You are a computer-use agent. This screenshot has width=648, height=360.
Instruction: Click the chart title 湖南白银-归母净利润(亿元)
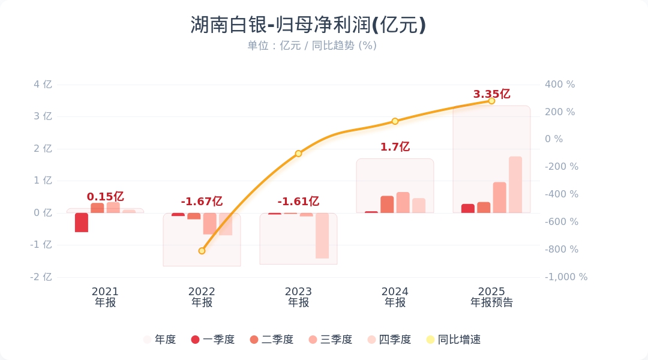pyautogui.click(x=308, y=25)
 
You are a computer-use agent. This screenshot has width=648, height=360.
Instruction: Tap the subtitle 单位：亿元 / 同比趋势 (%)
pyautogui.click(x=312, y=46)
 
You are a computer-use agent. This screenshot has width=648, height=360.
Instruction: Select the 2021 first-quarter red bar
pyautogui.click(x=82, y=223)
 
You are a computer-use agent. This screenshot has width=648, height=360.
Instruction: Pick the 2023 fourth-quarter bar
pyautogui.click(x=322, y=236)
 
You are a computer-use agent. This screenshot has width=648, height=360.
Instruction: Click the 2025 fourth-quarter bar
pyautogui.click(x=515, y=185)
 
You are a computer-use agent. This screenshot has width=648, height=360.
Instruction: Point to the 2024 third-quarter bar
pyautogui.click(x=403, y=203)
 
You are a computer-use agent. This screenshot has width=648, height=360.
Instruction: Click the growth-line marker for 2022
pyautogui.click(x=202, y=251)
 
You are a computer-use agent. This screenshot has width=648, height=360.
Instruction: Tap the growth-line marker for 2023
pyautogui.click(x=298, y=154)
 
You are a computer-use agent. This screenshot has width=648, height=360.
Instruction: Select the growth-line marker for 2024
pyautogui.click(x=395, y=121)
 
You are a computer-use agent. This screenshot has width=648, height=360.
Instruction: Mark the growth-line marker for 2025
pyautogui.click(x=491, y=101)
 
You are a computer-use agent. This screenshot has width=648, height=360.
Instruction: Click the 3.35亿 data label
pyautogui.click(x=491, y=94)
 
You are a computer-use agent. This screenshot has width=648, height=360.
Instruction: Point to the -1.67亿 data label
pyautogui.click(x=202, y=202)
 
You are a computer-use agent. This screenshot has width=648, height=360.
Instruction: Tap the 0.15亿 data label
pyautogui.click(x=105, y=197)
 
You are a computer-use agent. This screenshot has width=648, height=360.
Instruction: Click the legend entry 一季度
pyautogui.click(x=212, y=340)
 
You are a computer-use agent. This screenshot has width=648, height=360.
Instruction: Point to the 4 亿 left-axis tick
pyautogui.click(x=43, y=85)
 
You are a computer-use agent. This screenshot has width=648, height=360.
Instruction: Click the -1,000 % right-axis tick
pyautogui.click(x=566, y=277)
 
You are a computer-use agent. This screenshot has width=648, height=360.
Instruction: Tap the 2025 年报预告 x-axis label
pyautogui.click(x=491, y=297)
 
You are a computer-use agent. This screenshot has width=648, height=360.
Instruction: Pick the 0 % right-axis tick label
pyautogui.click(x=554, y=139)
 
